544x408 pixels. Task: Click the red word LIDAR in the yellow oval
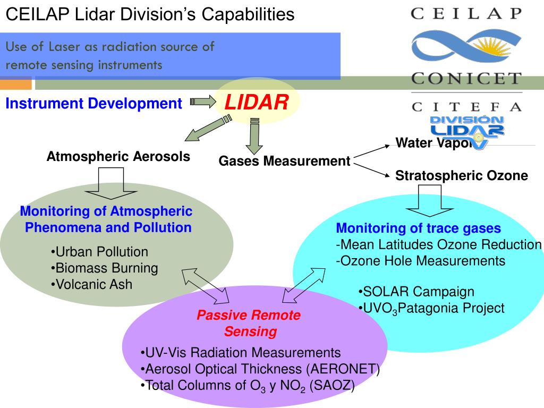click(257, 102)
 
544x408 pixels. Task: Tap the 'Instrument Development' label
click(93, 104)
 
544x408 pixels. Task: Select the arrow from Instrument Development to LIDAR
click(201, 101)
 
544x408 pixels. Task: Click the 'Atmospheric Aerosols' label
click(118, 157)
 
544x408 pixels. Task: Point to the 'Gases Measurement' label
click(285, 161)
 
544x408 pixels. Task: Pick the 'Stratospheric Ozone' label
click(462, 176)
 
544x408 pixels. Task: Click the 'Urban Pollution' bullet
click(100, 252)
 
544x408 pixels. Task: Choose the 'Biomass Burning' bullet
click(105, 268)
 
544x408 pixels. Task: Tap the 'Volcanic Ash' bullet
click(92, 285)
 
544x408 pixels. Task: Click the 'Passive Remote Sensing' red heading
click(249, 324)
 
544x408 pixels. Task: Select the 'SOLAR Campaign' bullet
click(416, 292)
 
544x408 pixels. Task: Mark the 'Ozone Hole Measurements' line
click(420, 261)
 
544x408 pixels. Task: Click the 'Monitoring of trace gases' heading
click(419, 228)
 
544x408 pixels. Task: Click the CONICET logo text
click(466, 79)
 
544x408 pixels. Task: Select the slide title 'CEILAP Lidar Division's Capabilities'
click(150, 14)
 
